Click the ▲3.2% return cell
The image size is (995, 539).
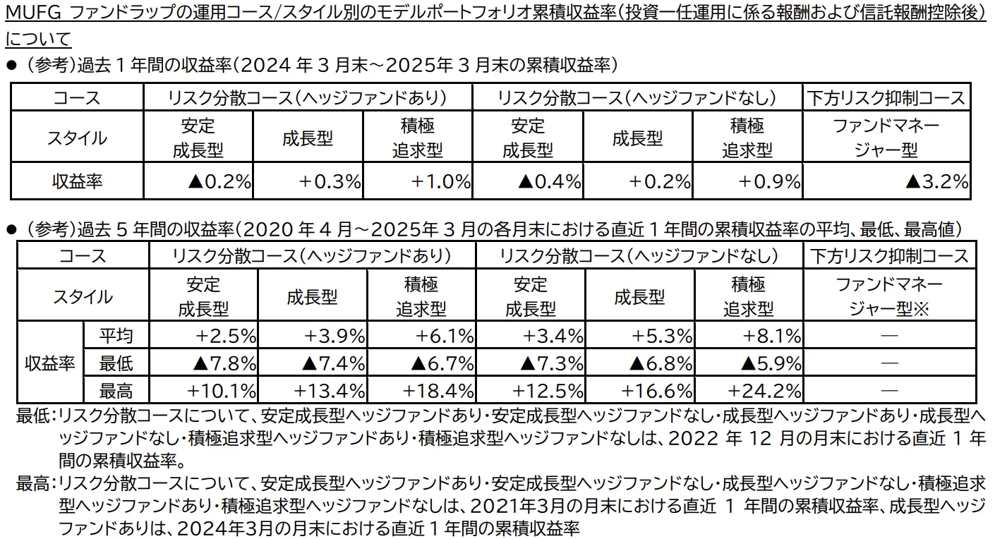(x=936, y=182)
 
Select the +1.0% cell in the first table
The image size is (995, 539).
(x=440, y=182)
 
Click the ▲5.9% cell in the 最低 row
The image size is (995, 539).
(x=771, y=363)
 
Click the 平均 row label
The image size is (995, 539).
(x=116, y=336)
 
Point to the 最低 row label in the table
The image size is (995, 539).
(x=116, y=363)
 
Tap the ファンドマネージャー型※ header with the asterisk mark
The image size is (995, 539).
(x=889, y=297)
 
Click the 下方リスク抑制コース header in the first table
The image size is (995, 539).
(x=886, y=98)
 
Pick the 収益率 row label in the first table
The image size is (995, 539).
(x=77, y=182)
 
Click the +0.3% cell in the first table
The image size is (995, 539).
(x=330, y=182)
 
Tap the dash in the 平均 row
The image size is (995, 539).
(x=889, y=336)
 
